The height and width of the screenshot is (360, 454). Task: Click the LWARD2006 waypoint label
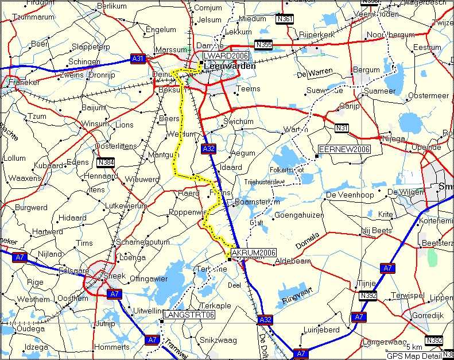point(218,56)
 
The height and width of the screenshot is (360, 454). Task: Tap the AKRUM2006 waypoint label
point(253,253)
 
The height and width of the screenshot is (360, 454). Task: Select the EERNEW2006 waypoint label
point(344,149)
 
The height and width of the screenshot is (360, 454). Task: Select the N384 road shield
point(106,162)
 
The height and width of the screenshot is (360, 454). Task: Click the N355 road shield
point(264,44)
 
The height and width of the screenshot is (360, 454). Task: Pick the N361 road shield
point(284,18)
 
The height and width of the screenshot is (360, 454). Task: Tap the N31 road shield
point(342,127)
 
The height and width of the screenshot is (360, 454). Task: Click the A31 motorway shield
point(138,58)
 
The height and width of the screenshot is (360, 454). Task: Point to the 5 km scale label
point(414,347)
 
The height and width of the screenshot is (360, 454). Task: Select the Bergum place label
point(366,70)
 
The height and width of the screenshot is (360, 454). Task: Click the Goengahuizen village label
point(299,215)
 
